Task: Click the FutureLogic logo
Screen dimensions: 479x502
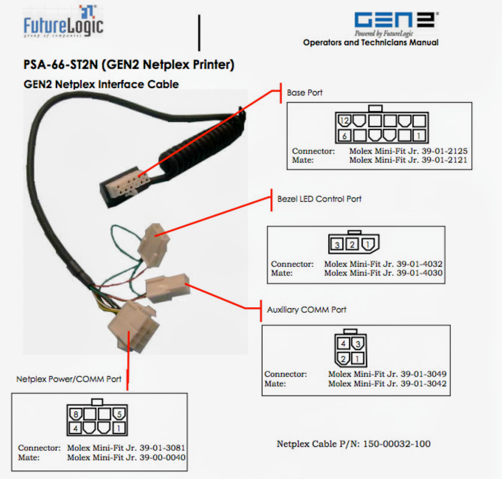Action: [63, 23]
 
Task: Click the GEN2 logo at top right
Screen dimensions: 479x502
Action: [396, 21]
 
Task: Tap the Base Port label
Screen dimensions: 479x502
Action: [305, 93]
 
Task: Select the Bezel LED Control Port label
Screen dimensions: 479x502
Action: [319, 199]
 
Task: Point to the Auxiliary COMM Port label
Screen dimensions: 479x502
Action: [306, 310]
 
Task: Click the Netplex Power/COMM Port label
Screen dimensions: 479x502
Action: [69, 379]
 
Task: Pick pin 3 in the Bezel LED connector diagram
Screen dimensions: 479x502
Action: [338, 245]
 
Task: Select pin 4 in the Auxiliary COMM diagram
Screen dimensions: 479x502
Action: [343, 344]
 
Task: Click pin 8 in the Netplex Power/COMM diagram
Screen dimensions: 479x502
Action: [74, 415]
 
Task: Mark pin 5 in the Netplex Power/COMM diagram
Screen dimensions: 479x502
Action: [119, 415]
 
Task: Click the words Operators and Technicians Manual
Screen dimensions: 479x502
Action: [370, 43]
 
